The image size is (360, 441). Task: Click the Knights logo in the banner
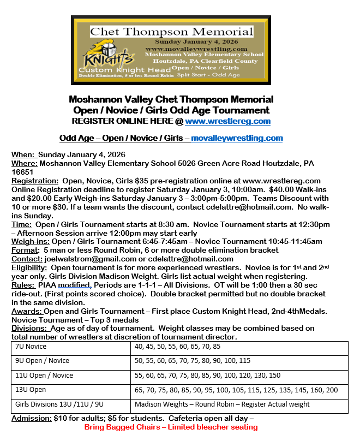(x=108, y=58)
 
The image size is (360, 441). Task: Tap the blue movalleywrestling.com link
(x=237, y=138)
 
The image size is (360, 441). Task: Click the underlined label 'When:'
(x=23, y=154)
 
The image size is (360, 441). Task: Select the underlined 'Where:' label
(x=25, y=163)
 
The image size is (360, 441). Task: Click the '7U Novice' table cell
(x=31, y=347)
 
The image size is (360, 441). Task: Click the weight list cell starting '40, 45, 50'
(x=178, y=347)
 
